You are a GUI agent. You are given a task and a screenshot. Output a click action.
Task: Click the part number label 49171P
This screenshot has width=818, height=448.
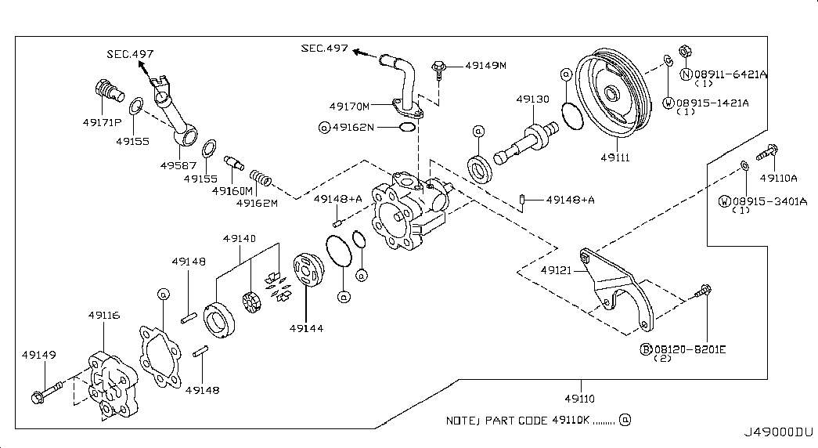point(102,123)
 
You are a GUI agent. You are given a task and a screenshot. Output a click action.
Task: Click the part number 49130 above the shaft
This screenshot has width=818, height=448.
point(532,99)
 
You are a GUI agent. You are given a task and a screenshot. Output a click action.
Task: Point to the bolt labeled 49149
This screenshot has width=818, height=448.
point(46,392)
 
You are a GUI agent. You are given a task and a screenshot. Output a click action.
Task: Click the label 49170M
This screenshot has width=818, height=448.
point(349,107)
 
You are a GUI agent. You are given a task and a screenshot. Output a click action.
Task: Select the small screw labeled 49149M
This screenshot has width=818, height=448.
point(439,70)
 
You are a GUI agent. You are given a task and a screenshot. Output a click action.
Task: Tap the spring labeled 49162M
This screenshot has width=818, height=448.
point(260,178)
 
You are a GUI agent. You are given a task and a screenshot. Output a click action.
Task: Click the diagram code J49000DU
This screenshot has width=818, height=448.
point(778,432)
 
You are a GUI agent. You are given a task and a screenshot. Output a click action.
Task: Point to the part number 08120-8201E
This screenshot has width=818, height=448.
point(690,349)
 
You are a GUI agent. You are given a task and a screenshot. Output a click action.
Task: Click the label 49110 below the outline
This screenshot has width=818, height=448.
point(579,399)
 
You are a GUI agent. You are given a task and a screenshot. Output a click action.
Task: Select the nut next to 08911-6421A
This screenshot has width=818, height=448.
point(685,51)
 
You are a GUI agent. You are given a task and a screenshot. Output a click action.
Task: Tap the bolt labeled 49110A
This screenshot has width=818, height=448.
point(767,152)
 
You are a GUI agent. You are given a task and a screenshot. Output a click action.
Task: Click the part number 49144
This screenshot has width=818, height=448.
point(306,328)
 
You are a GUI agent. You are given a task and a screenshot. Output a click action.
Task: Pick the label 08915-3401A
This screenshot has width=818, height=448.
point(769,201)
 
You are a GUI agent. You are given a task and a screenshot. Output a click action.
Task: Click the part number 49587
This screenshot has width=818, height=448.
point(178,165)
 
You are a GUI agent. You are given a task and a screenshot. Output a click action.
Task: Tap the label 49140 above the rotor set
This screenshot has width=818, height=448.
point(240,239)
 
